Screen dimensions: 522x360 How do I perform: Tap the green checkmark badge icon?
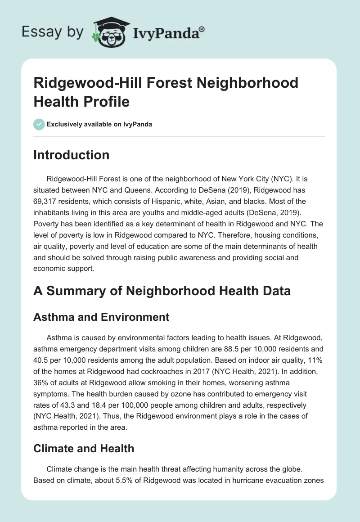coord(39,124)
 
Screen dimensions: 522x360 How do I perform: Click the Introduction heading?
coord(72,155)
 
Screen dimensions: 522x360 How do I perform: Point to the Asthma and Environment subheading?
coord(101,317)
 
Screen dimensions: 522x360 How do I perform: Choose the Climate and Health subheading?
coord(84,448)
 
